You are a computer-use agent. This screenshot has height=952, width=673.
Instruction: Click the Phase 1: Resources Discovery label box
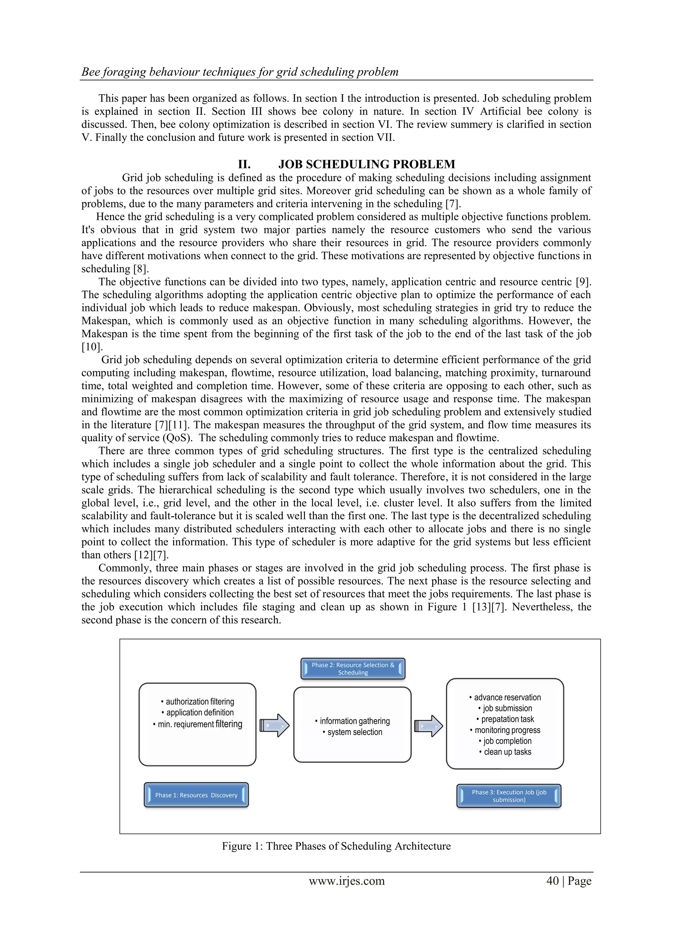tap(196, 795)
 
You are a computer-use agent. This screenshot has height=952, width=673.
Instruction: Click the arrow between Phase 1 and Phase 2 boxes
tap(274, 725)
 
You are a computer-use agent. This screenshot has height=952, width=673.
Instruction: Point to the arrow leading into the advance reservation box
tap(429, 726)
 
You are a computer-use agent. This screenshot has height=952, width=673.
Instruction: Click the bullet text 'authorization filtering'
tap(198, 702)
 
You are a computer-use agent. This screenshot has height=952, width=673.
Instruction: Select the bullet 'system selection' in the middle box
tap(353, 732)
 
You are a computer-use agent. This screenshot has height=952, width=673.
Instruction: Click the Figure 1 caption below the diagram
tap(336, 846)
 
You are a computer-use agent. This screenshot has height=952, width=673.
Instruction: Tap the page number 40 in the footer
tap(552, 881)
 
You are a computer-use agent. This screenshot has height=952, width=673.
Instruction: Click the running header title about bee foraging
tap(240, 72)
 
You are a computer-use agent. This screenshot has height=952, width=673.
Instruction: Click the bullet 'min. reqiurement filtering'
tap(198, 724)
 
